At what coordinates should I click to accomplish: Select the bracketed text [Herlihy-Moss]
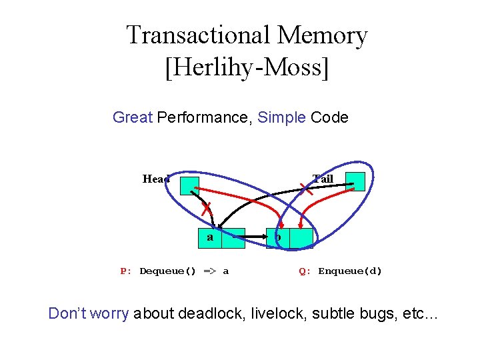coord(247,68)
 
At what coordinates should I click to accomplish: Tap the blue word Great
coord(133,118)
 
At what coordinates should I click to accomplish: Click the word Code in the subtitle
coord(329,118)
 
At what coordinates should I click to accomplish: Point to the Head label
coord(156,179)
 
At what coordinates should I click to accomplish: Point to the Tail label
coord(323,179)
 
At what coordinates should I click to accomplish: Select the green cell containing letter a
coord(210,238)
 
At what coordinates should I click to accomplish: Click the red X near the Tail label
coord(306,189)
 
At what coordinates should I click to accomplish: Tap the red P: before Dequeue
coord(125,271)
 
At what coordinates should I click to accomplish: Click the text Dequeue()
coord(168,271)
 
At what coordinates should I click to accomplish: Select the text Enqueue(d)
coord(350,271)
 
